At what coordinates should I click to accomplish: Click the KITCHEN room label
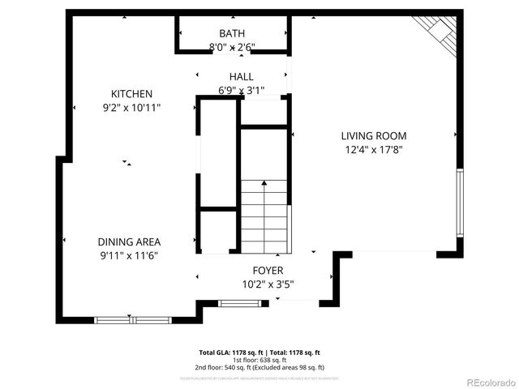131,94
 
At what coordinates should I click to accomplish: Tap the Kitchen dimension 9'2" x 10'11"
131,107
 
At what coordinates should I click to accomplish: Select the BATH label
231,33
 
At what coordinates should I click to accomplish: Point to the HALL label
241,77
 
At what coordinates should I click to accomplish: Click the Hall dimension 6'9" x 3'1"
241,90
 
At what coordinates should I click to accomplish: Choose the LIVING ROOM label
373,136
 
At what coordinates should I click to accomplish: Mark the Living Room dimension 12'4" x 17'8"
373,149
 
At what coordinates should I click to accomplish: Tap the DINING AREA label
129,242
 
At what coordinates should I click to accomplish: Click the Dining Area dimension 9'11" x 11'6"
129,255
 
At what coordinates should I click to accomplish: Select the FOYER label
268,270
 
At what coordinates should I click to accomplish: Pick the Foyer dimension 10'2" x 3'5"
268,284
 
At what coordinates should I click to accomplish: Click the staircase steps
264,215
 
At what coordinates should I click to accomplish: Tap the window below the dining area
132,320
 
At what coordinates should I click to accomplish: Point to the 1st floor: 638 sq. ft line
259,360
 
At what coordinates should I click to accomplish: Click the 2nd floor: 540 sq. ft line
259,367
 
